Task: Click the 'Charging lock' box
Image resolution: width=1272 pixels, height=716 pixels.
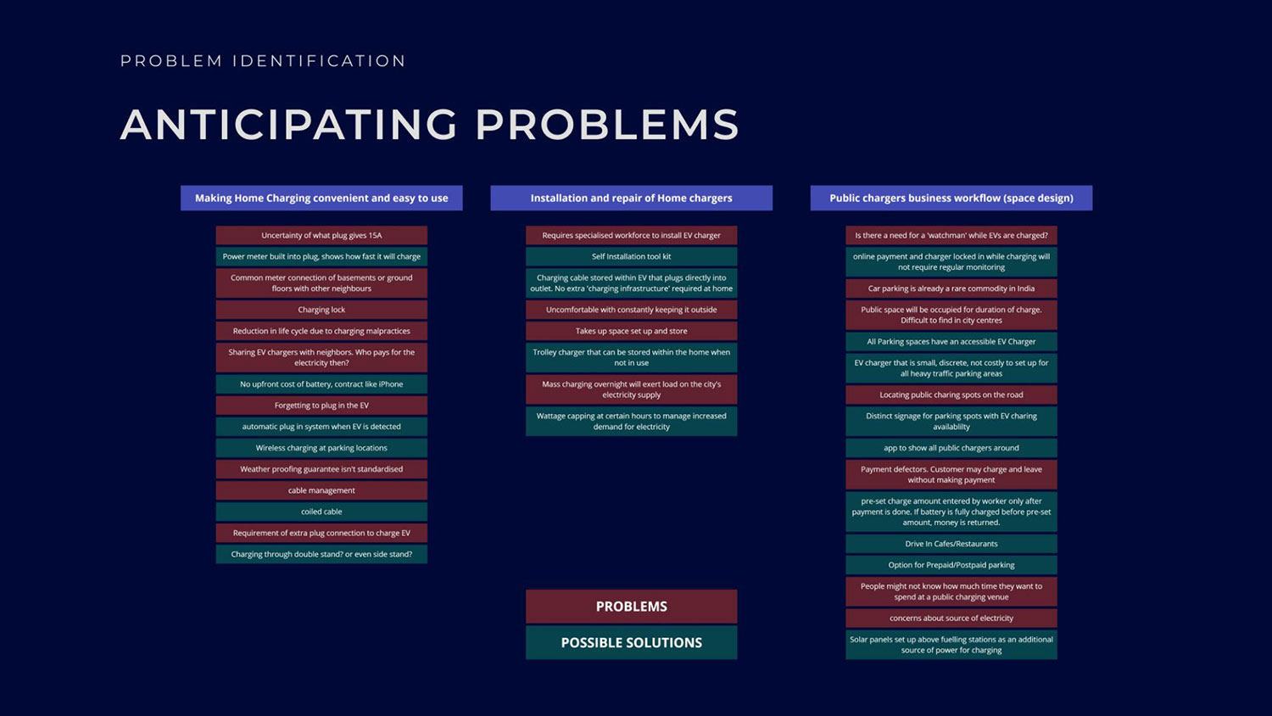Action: [321, 310]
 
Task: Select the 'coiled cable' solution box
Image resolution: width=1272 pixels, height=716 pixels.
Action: [321, 512]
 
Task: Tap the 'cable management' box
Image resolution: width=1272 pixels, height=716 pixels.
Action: [321, 490]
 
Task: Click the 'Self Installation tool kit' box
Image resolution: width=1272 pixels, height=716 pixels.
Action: [631, 256]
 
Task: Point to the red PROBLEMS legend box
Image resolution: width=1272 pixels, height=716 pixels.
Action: [631, 607]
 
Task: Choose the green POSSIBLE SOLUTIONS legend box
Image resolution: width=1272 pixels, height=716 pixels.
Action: [631, 643]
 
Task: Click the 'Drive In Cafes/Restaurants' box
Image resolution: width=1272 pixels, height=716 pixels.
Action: [951, 544]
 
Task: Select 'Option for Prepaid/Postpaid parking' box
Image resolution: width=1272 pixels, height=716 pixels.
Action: [951, 565]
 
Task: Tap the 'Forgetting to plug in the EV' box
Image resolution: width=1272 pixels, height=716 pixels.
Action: [321, 406]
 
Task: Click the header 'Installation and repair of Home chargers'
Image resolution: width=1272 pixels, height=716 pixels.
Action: [631, 198]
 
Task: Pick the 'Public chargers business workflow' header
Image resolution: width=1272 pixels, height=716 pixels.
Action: [951, 198]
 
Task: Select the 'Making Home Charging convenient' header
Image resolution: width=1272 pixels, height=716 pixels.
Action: [321, 198]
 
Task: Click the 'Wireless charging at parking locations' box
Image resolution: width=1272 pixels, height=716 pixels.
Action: [321, 448]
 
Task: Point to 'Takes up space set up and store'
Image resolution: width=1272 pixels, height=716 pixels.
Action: [631, 331]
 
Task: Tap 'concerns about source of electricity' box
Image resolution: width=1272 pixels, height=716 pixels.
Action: [951, 618]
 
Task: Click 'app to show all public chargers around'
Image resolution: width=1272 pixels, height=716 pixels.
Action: [951, 448]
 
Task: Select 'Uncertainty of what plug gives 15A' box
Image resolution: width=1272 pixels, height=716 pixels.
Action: [321, 235]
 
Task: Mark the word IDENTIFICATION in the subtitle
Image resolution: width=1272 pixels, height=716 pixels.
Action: [319, 61]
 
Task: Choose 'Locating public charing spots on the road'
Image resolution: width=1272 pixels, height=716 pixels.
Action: [951, 394]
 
